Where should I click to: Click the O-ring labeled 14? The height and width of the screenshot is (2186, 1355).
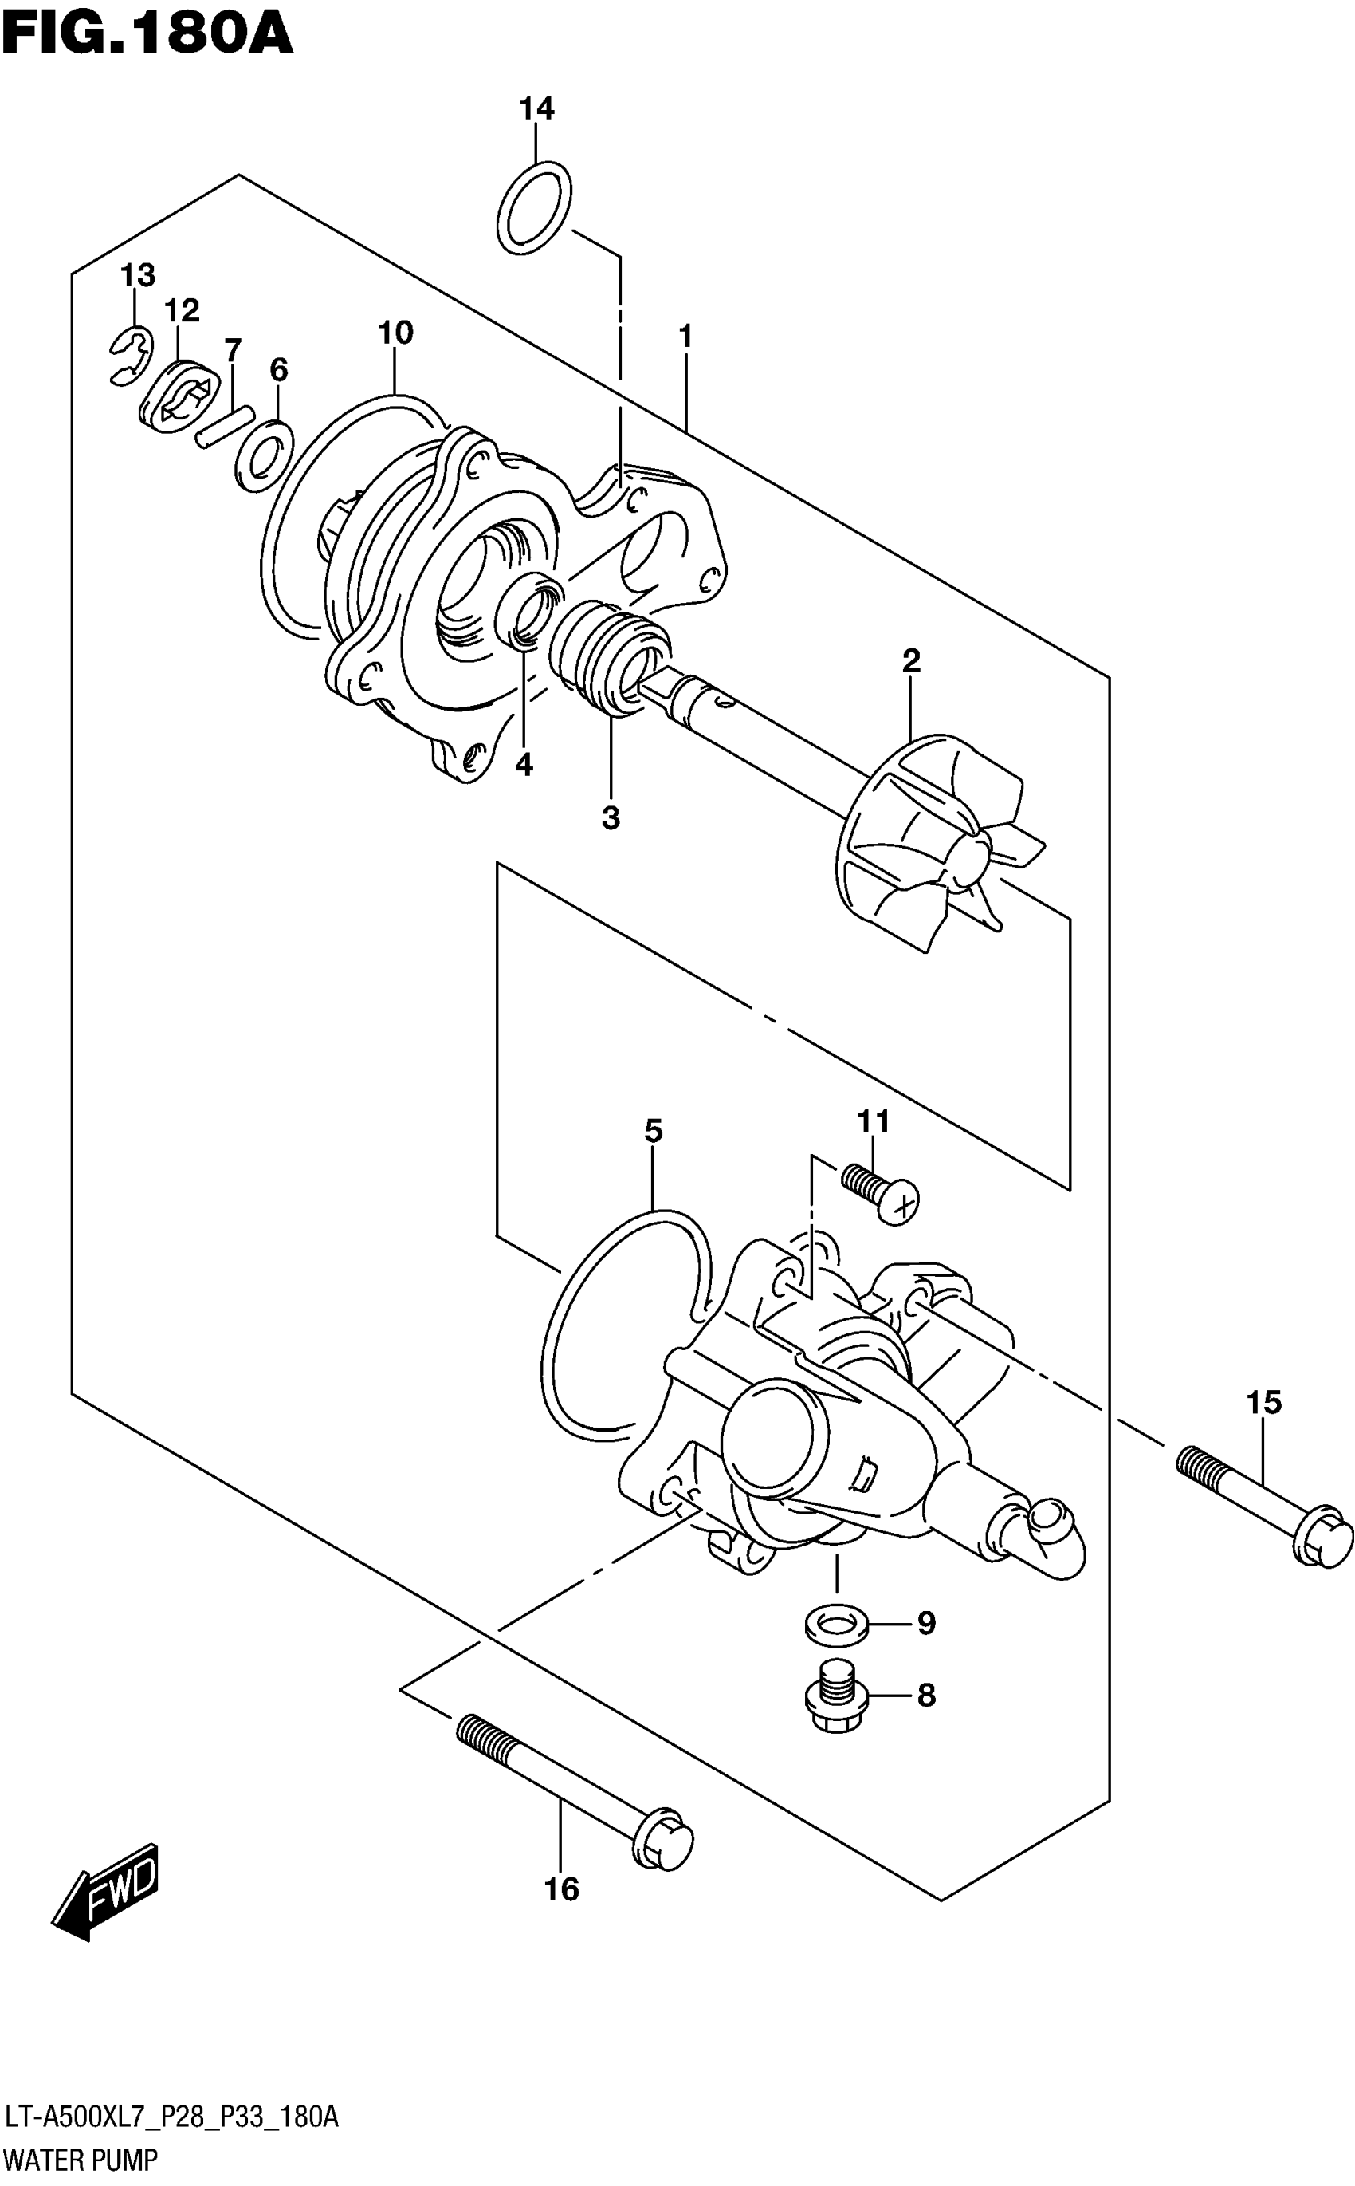coord(534,208)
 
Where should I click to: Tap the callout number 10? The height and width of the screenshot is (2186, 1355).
coord(395,333)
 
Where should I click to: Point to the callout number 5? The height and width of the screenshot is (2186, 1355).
coord(654,1132)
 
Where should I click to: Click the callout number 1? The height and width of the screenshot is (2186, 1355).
coord(685,337)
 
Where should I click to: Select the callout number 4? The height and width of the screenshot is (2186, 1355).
coord(524,765)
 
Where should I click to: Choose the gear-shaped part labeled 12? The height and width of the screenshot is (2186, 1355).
coord(180,395)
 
